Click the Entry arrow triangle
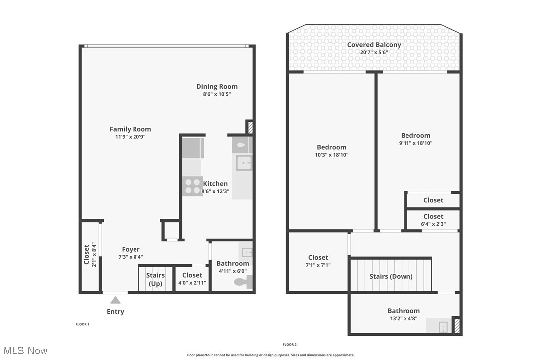tap(115, 300)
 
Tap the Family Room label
tap(131, 129)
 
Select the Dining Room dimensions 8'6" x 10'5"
tap(217, 94)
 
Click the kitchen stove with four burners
tap(192, 186)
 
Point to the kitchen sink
tap(244, 163)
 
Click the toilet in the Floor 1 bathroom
tap(244, 282)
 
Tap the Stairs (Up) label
tap(155, 279)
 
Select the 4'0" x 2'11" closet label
tap(192, 279)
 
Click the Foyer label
tap(131, 249)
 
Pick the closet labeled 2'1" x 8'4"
tap(90, 255)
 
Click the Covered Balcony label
tap(374, 44)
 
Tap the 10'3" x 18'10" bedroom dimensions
tap(332, 155)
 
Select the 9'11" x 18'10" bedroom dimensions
tap(416, 143)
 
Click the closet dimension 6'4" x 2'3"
tap(433, 224)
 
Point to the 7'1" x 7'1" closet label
tap(318, 261)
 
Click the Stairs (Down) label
tap(391, 276)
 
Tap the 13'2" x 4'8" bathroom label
tap(404, 314)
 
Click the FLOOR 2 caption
tap(290, 344)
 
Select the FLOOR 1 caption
tap(82, 324)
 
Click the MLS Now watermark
tap(25, 351)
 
